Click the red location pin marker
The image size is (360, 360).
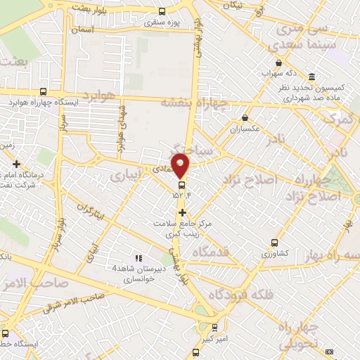(x=181, y=165)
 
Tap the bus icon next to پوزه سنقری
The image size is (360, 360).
(x=162, y=11)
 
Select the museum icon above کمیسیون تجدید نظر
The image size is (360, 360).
(x=311, y=77)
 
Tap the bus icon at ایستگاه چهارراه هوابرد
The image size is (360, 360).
(x=44, y=91)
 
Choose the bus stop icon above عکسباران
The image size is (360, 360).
(x=245, y=117)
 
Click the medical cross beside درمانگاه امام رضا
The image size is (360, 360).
(x=15, y=164)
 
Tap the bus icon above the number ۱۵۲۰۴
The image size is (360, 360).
(x=181, y=186)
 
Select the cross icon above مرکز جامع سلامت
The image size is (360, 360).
(x=182, y=212)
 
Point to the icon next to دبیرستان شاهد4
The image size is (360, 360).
(x=138, y=258)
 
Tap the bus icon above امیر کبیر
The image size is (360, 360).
(x=215, y=326)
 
